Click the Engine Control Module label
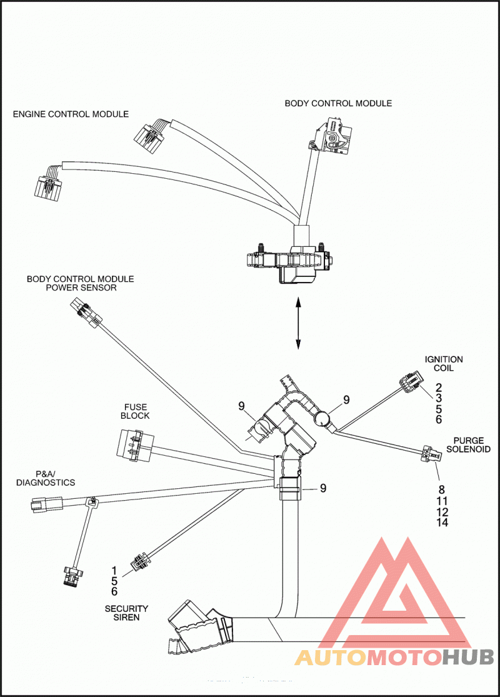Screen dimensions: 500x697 [71, 114]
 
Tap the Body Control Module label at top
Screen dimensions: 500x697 [338, 104]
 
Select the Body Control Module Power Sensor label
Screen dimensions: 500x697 [81, 283]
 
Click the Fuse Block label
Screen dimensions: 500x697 [135, 411]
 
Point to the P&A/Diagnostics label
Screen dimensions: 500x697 [46, 478]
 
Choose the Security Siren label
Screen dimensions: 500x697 [126, 613]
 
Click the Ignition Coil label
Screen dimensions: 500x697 [444, 364]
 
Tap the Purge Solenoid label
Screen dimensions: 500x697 [469, 445]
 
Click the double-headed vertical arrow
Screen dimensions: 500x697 [298, 324]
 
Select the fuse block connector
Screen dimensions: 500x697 [132, 445]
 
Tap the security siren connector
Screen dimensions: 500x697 [139, 563]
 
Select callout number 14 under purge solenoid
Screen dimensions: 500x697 [442, 523]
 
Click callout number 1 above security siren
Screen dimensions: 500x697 [114, 570]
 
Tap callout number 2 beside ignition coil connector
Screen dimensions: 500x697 [438, 388]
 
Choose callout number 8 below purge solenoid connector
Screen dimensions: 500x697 [441, 489]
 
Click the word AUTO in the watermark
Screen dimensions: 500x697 [331, 657]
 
